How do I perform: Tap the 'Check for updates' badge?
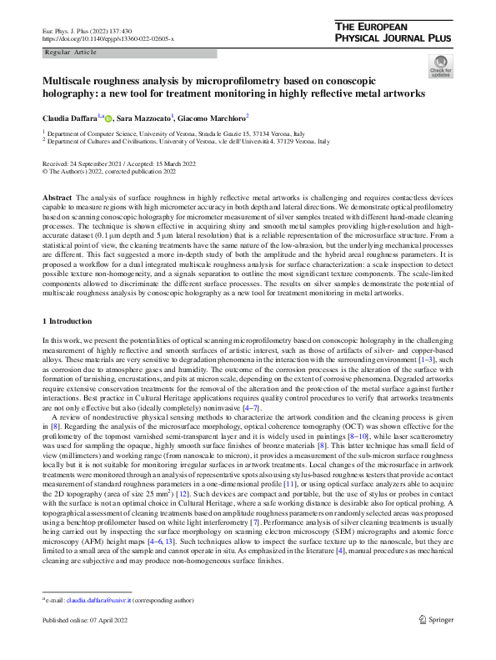pyautogui.click(x=439, y=66)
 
